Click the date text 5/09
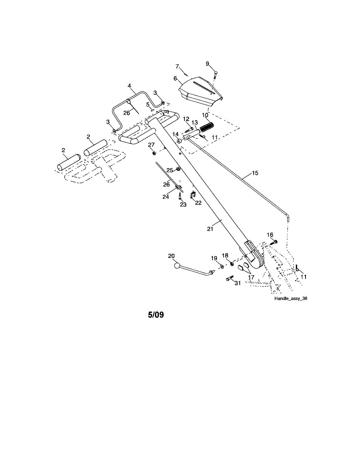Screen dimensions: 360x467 156,315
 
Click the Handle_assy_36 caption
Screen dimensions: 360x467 291,298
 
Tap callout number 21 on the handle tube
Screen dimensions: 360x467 210,229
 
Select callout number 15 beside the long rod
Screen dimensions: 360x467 255,173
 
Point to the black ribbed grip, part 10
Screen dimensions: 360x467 206,127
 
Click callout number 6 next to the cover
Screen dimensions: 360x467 175,79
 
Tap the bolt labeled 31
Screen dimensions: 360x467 230,279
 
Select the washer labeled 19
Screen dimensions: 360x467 222,267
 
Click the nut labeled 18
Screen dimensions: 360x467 232,264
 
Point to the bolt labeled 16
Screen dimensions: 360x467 273,243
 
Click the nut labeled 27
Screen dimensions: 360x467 154,153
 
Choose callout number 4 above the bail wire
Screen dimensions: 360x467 129,86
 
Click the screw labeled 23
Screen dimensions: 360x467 180,196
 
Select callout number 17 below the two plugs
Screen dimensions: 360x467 251,277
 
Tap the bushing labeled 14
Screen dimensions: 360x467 179,142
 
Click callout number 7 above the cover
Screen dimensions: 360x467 177,67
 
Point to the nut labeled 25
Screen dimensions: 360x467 178,169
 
